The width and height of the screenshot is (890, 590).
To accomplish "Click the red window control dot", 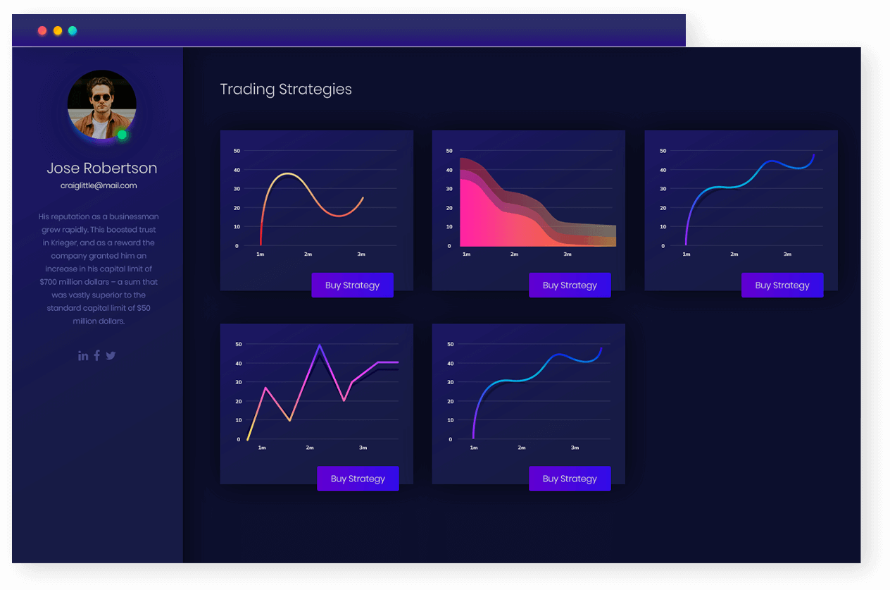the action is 42,30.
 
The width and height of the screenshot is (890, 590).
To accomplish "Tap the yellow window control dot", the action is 58,30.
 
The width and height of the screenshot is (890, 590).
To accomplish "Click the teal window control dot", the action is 73,30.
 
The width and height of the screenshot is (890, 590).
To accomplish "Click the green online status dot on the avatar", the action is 122,135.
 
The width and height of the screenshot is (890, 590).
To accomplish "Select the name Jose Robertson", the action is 101,168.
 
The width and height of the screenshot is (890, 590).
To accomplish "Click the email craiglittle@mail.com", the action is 99,186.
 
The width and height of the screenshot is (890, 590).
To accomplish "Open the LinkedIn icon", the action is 83,356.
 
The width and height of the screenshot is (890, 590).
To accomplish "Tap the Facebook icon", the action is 96,355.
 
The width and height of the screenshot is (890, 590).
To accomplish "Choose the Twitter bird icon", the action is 111,356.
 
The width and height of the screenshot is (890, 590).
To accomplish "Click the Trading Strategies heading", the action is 286,90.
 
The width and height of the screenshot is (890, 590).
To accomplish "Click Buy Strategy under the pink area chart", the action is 570,285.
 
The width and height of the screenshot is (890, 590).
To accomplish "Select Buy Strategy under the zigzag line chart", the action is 358,478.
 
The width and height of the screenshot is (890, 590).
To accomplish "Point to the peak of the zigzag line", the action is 320,345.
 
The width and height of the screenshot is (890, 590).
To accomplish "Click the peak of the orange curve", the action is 287,173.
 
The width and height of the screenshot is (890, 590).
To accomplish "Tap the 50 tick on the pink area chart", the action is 449,151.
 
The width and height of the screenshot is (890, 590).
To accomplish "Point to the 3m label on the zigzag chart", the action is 363,448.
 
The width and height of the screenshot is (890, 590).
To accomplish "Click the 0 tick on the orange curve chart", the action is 237,246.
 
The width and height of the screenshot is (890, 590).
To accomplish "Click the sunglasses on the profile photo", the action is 101,98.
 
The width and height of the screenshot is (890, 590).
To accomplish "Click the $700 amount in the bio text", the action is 49,282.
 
